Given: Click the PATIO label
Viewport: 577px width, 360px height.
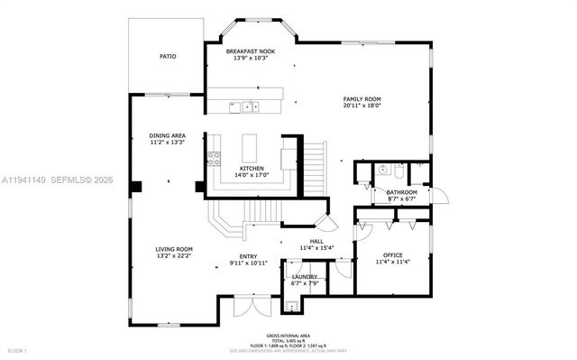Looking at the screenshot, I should [x=168, y=56].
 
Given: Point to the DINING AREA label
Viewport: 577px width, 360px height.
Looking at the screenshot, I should [x=167, y=135].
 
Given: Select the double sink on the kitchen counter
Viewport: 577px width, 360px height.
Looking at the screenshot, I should [x=246, y=108].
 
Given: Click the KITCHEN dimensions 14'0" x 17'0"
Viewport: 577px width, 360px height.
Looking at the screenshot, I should [x=252, y=175].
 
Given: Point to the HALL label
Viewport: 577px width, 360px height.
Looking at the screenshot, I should [x=316, y=242].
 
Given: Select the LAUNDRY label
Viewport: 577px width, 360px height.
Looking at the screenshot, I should [x=304, y=276].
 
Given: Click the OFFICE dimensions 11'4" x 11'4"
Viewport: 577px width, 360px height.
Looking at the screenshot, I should [x=392, y=263].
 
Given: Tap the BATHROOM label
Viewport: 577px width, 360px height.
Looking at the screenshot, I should [x=401, y=192].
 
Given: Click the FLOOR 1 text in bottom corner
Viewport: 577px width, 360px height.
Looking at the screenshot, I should [x=17, y=350].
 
